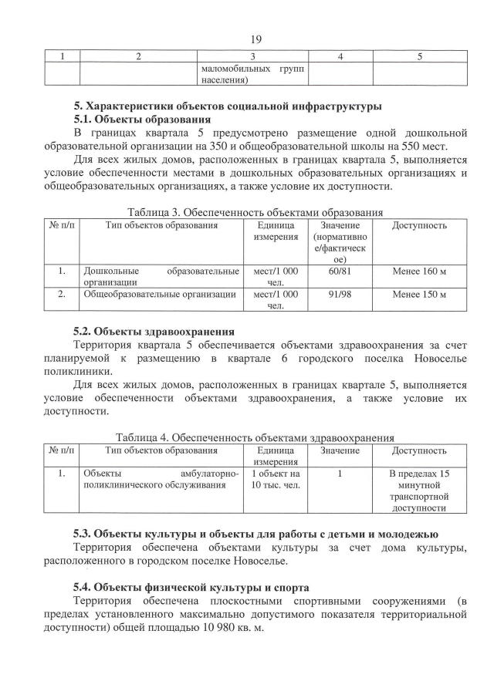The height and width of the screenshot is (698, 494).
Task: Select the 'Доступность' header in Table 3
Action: click(419, 226)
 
